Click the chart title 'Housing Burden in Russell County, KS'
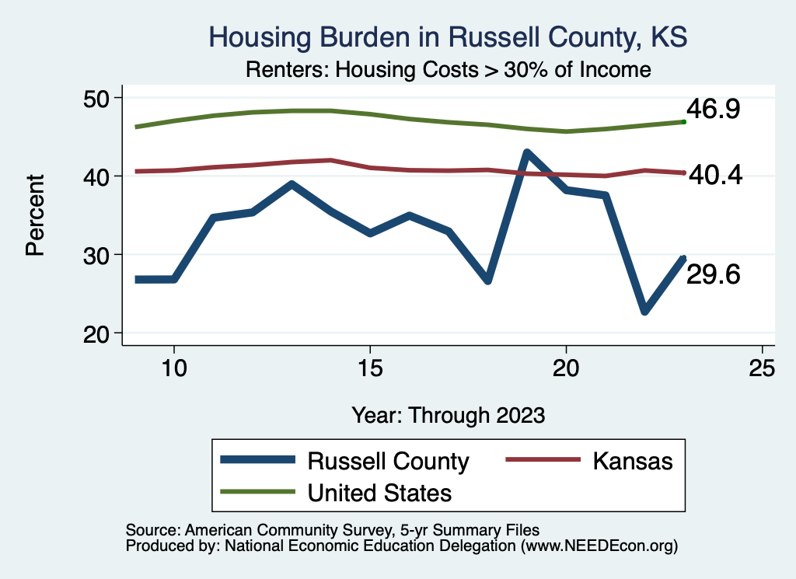448,37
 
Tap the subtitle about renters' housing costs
448,69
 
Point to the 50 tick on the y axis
99,98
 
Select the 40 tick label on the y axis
99,176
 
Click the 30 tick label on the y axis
99,255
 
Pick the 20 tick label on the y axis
99,333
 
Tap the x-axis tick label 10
174,368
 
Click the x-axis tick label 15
370,368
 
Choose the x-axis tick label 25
762,368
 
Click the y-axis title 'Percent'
34,215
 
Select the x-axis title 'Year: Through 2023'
448,414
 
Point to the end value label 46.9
712,110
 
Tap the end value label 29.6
712,274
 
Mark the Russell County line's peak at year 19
527,153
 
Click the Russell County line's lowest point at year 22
644,311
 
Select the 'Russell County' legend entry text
389,461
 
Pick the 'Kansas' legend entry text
632,461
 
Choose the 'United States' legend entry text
379,493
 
